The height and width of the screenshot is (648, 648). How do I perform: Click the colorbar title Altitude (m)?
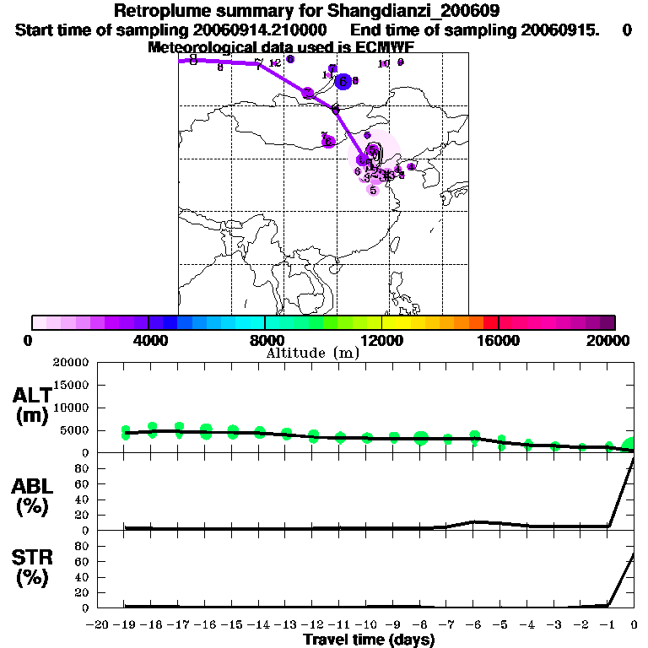(x=312, y=354)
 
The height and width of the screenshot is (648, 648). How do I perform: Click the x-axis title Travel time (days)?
(x=369, y=640)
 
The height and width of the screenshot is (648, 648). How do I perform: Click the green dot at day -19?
(x=126, y=433)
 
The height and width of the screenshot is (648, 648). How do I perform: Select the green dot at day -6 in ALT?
(x=475, y=437)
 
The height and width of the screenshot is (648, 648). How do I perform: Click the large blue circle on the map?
(x=343, y=81)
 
